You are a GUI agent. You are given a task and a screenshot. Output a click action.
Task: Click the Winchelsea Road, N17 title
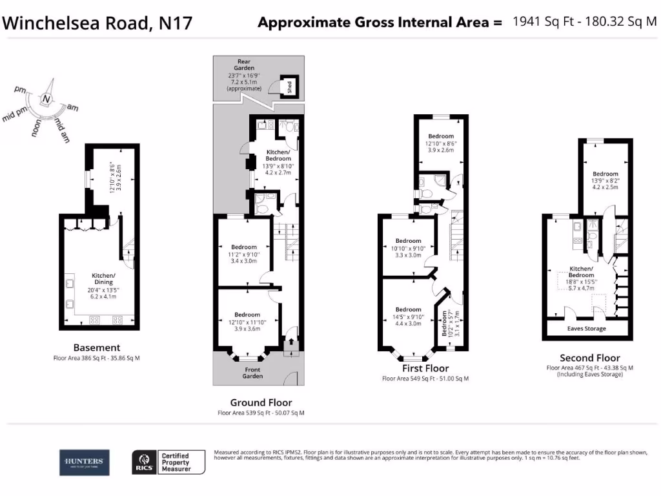click(x=97, y=23)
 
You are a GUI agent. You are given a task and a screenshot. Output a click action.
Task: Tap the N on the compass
click(x=46, y=99)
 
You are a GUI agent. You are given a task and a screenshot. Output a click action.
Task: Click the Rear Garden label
click(x=244, y=65)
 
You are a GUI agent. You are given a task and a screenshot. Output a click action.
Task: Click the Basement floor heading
click(x=97, y=347)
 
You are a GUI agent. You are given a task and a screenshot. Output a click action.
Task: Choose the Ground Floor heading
click(x=261, y=402)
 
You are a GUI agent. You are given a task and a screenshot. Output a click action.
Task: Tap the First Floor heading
click(x=425, y=367)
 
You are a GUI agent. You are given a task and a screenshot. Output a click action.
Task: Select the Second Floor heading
click(x=589, y=358)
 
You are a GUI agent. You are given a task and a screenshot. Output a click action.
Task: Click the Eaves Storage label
click(x=586, y=329)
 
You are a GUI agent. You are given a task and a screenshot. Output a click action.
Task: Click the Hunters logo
click(x=85, y=462)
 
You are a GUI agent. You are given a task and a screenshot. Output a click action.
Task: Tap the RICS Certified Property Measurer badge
click(x=168, y=462)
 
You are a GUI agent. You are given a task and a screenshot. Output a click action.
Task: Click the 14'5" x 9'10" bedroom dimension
click(x=408, y=316)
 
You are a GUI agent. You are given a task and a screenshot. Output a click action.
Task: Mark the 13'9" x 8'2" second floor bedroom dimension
click(x=605, y=181)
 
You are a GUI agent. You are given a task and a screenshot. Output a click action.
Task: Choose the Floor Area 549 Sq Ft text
click(x=425, y=378)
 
